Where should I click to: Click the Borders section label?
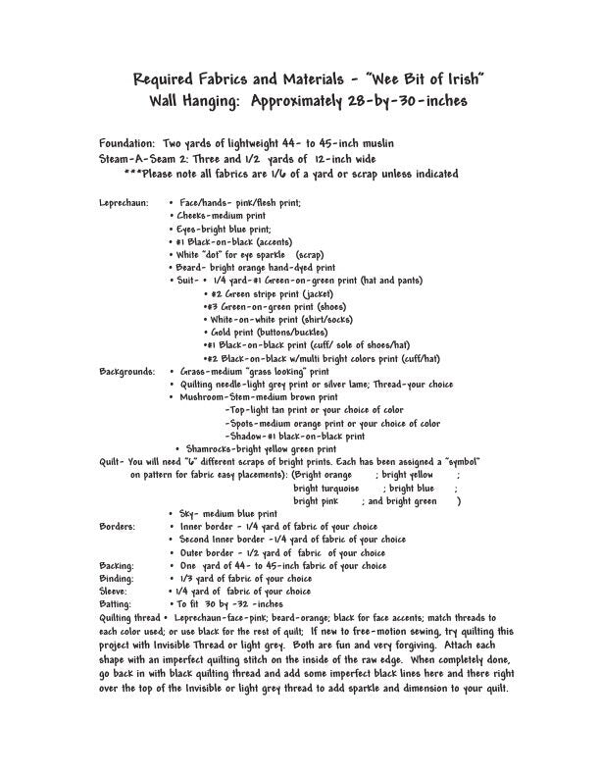[118, 526]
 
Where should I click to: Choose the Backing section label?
[117, 565]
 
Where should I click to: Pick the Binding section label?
[117, 578]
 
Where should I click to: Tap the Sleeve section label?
[115, 592]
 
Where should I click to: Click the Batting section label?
[117, 604]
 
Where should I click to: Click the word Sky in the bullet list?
[186, 513]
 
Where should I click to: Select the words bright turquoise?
[326, 488]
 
